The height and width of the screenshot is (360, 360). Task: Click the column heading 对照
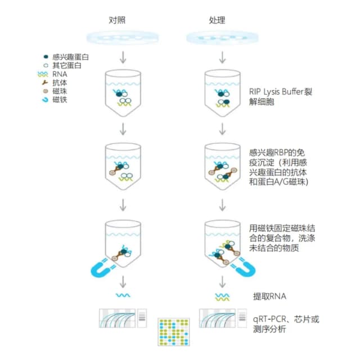[x=117, y=20]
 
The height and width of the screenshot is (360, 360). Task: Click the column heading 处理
[x=217, y=20]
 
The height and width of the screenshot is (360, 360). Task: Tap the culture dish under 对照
[x=123, y=38]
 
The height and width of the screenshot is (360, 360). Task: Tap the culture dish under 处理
[x=222, y=38]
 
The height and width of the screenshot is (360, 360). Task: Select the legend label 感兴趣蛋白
[x=70, y=57]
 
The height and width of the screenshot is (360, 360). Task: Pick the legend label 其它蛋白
[x=67, y=65]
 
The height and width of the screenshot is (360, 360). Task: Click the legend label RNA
[x=60, y=74]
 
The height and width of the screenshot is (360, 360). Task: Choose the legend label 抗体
[x=60, y=83]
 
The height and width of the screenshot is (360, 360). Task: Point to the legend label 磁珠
[x=60, y=91]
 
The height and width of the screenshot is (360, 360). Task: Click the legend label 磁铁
[x=60, y=100]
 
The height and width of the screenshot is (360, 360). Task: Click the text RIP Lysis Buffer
[x=276, y=92]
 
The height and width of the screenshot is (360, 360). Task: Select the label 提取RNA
[x=269, y=296]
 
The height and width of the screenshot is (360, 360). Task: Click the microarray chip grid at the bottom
[x=174, y=332]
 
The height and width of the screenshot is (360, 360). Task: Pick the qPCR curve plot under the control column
[x=117, y=318]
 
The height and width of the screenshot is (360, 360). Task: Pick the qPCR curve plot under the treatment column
[x=217, y=318]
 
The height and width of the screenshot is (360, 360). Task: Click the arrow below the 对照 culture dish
[x=123, y=57]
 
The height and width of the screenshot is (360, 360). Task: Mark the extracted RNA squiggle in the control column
[x=123, y=295]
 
